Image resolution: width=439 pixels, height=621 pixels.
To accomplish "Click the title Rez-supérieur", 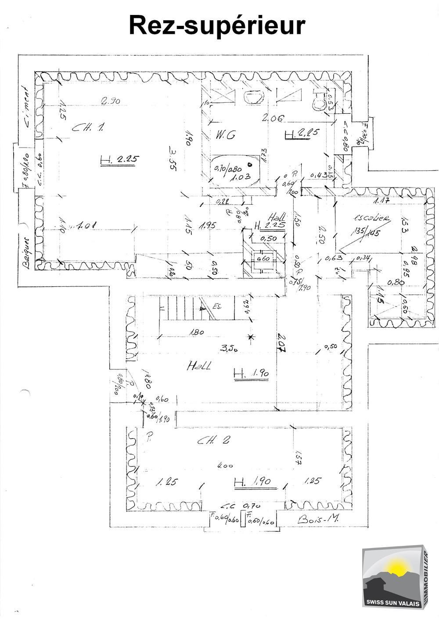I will pyautogui.click(x=217, y=25).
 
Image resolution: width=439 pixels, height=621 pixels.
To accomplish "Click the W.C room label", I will pyautogui.click(x=225, y=135).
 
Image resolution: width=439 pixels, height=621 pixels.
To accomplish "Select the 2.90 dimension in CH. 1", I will pyautogui.click(x=110, y=101).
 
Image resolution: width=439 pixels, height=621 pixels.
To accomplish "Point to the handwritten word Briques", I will pyautogui.click(x=26, y=253).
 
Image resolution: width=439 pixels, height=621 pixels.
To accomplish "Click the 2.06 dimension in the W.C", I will pyautogui.click(x=273, y=118).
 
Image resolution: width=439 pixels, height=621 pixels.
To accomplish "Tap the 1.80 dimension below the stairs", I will pyautogui.click(x=197, y=332).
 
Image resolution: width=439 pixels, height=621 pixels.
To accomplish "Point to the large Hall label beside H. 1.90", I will pyautogui.click(x=198, y=365).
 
